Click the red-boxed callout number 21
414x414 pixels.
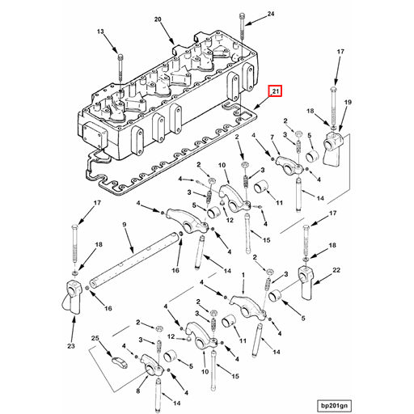[276, 91]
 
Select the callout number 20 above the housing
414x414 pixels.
[158, 19]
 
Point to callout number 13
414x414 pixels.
[101, 32]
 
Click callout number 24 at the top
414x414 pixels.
[271, 15]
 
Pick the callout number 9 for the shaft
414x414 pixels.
[125, 226]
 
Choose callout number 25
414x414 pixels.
[95, 338]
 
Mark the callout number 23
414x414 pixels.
[70, 346]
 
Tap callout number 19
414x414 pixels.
[349, 102]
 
